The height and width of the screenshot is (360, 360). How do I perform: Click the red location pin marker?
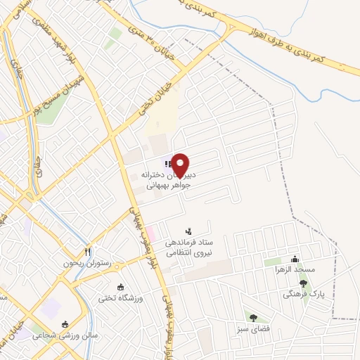coord(181,163)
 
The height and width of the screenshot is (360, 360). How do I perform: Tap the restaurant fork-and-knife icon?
coord(88,251)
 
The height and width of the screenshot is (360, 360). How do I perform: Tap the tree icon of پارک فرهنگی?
coord(303,283)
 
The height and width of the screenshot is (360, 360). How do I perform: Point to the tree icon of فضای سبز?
coord(253,317)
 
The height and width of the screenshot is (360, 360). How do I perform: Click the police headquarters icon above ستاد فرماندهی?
coord(188,231)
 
